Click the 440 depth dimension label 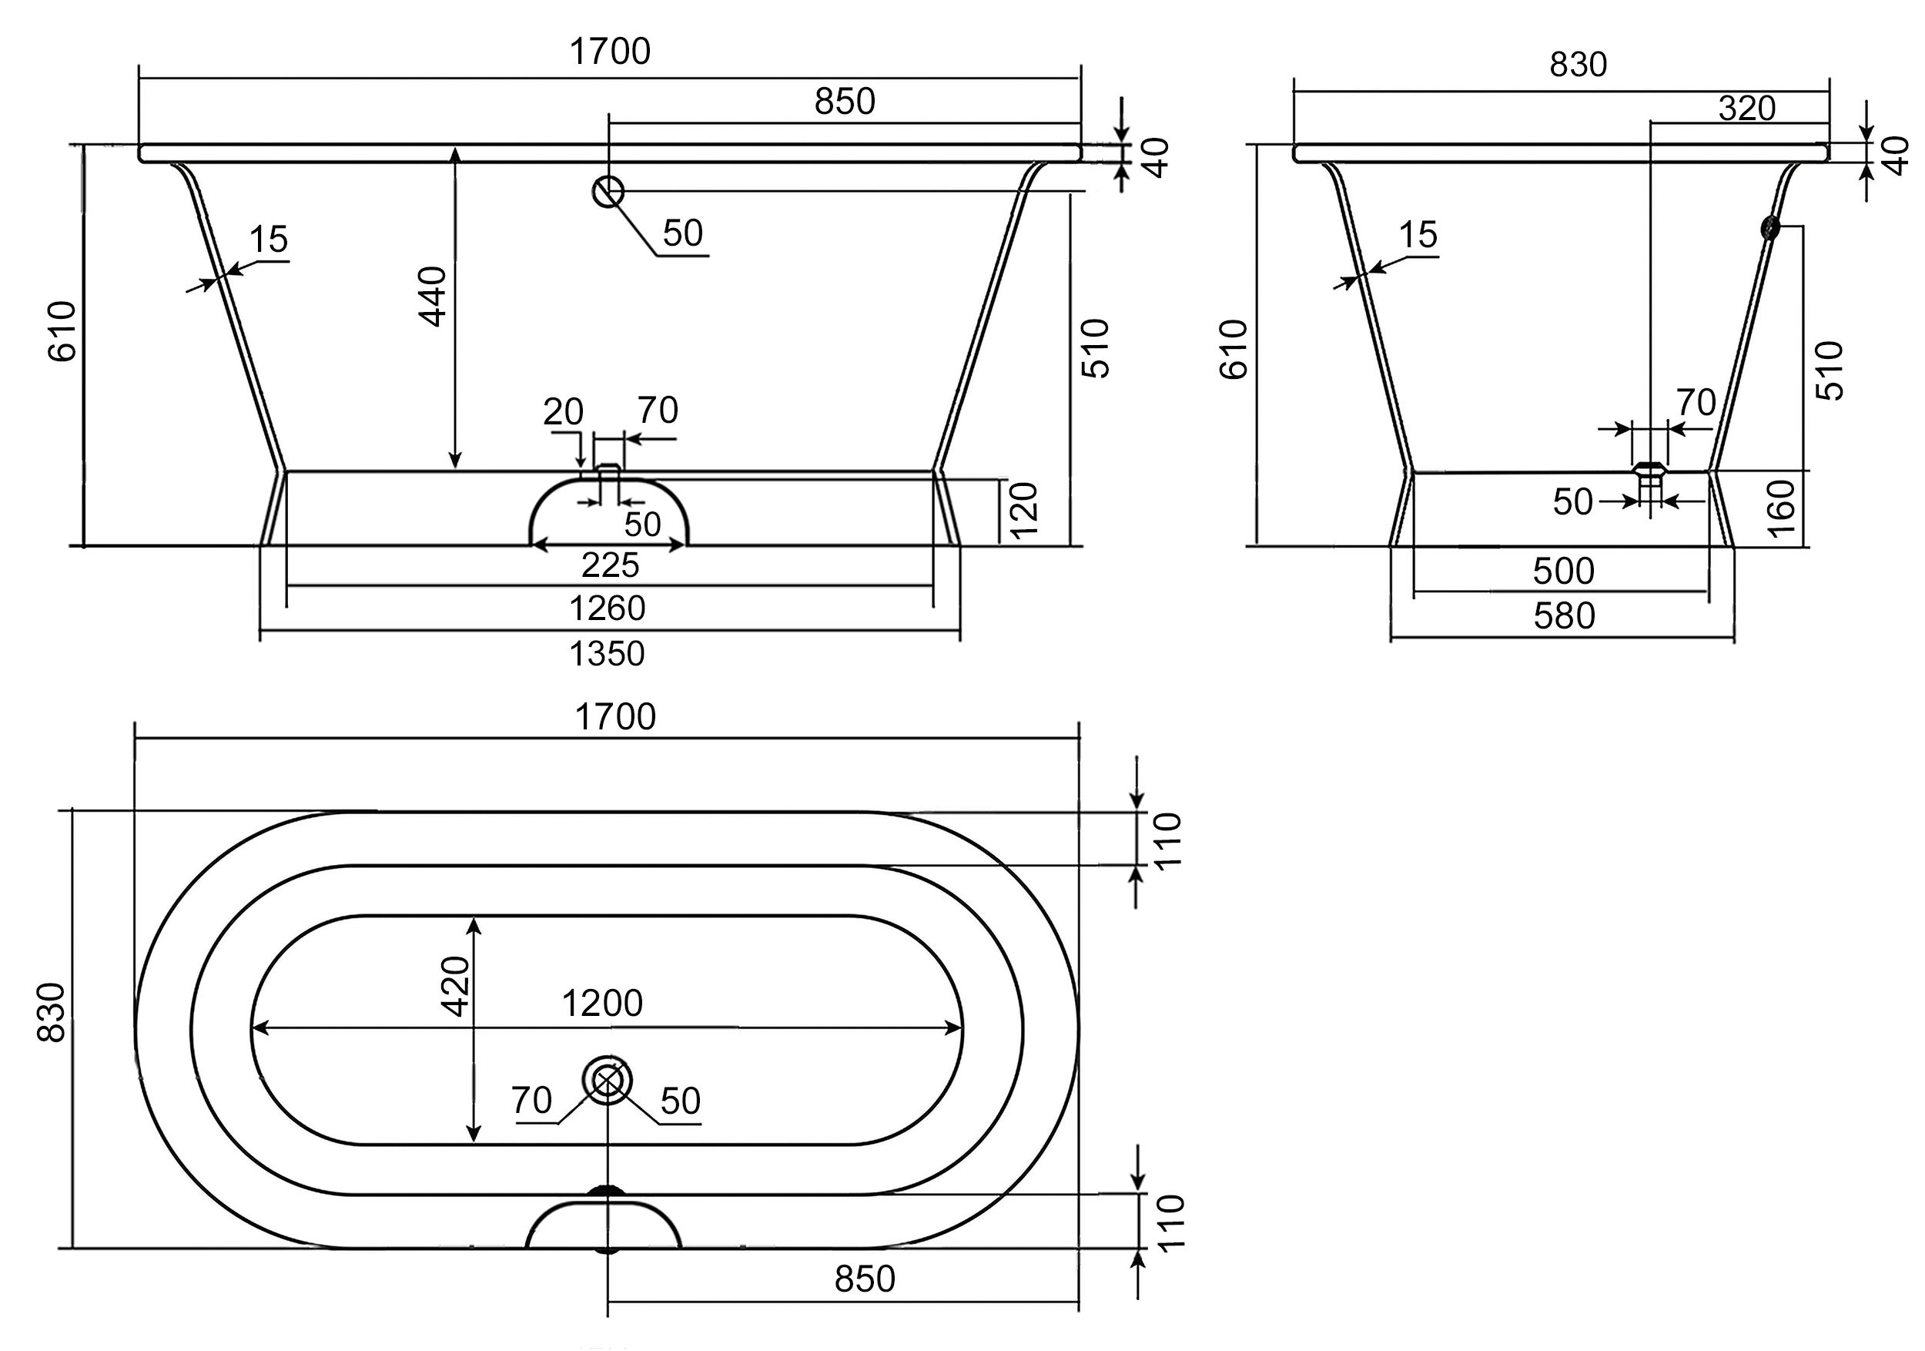click(x=434, y=296)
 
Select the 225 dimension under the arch click(x=611, y=566)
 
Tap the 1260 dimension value click(x=607, y=608)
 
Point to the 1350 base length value click(x=607, y=654)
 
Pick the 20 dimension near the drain click(x=563, y=412)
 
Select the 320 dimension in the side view click(x=1747, y=108)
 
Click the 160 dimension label click(x=1780, y=508)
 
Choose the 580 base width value click(x=1564, y=616)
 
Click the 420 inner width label click(x=455, y=985)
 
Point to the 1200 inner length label click(x=602, y=1004)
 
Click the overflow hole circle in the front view click(x=608, y=192)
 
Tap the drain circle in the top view click(x=607, y=1081)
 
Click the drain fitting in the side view click(x=1649, y=483)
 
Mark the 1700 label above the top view click(x=615, y=718)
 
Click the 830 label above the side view click(x=1578, y=65)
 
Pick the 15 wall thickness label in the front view click(x=268, y=239)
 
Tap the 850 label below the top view click(x=865, y=1279)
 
